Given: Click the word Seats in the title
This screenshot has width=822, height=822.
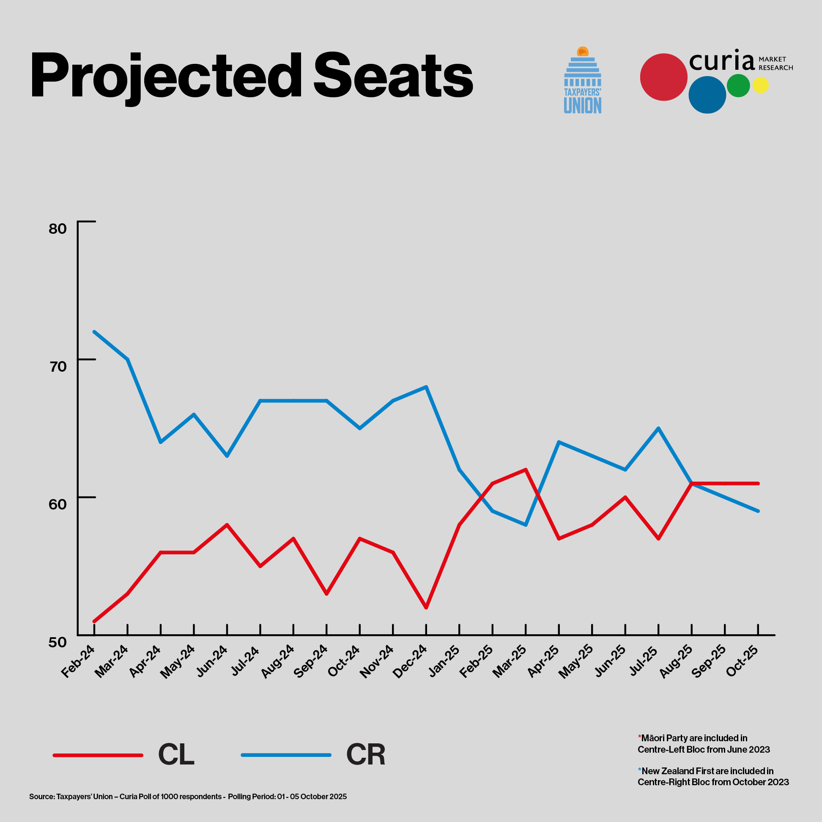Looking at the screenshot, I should click(x=393, y=76).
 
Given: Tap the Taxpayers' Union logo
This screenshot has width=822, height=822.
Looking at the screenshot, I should click(x=583, y=80).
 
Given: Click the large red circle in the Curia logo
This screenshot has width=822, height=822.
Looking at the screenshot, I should click(x=663, y=77).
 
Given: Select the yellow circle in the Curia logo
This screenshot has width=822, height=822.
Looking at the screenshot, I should click(x=760, y=85).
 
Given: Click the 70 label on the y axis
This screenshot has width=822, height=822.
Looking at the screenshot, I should click(x=58, y=366).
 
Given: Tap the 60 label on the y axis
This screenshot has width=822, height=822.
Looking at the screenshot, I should click(x=58, y=504).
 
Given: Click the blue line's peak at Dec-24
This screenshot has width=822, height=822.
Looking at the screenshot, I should click(x=426, y=387).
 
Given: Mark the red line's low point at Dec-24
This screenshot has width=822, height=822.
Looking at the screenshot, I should click(x=426, y=608).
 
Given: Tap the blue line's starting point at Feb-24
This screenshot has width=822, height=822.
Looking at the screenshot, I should click(x=94, y=332).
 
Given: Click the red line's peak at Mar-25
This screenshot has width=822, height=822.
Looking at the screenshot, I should click(x=526, y=469).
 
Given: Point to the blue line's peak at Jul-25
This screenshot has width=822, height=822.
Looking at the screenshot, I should click(x=659, y=428).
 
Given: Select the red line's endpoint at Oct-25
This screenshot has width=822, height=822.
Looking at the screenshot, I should click(x=758, y=483).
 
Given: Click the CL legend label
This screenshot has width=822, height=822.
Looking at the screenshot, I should click(x=176, y=755).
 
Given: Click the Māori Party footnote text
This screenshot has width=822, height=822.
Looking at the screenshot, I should click(x=704, y=743).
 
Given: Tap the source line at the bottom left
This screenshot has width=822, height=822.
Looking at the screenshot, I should click(x=188, y=797).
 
